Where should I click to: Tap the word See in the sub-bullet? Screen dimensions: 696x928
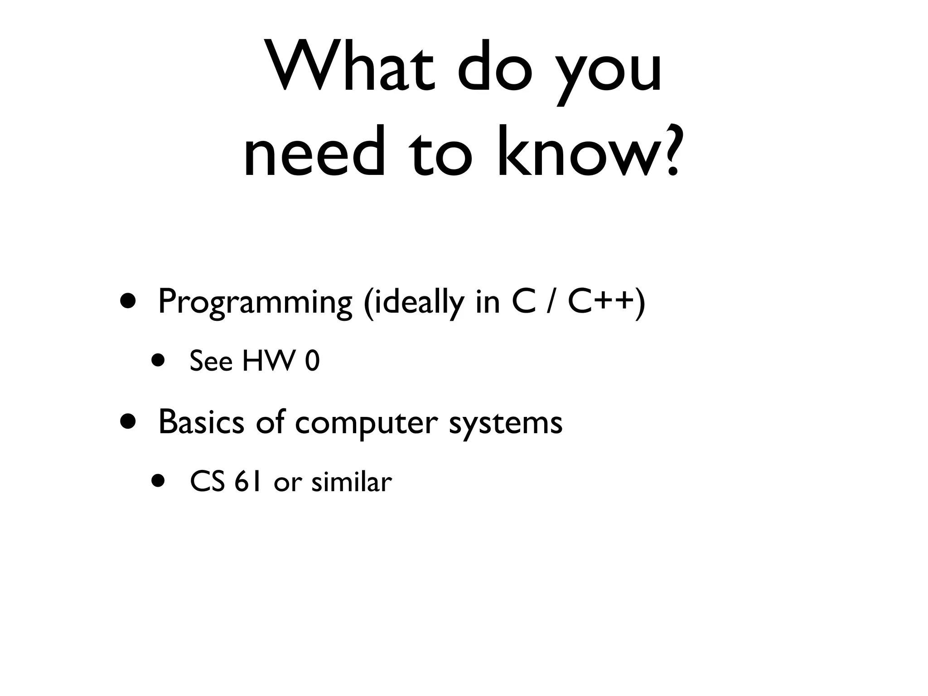(211, 361)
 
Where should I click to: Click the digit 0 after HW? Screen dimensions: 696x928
(313, 362)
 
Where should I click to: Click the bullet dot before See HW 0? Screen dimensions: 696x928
(158, 361)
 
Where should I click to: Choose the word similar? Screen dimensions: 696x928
(351, 482)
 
